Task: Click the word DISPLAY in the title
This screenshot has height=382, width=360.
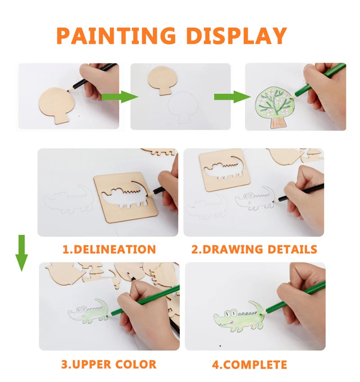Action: click(x=236, y=36)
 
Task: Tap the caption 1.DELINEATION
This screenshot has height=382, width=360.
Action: click(x=109, y=249)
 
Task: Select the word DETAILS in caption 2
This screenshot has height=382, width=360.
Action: click(x=292, y=249)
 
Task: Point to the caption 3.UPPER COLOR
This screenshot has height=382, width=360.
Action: click(x=108, y=364)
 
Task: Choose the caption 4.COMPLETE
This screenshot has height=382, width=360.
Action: click(x=249, y=364)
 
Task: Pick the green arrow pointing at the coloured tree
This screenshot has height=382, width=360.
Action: click(x=231, y=97)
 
